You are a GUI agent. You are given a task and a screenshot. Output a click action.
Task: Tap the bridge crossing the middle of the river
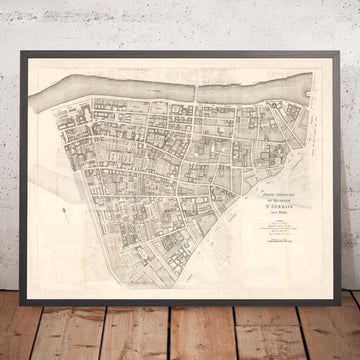click(x=196, y=86)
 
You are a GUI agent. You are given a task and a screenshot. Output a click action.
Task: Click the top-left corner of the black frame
click(x=12, y=43)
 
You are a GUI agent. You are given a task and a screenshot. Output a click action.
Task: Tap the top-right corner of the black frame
click(x=348, y=43)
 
